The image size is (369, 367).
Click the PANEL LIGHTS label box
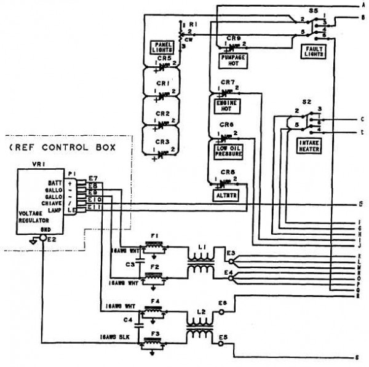pyautogui.click(x=163, y=47)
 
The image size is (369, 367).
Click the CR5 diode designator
pyautogui.click(x=164, y=58)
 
